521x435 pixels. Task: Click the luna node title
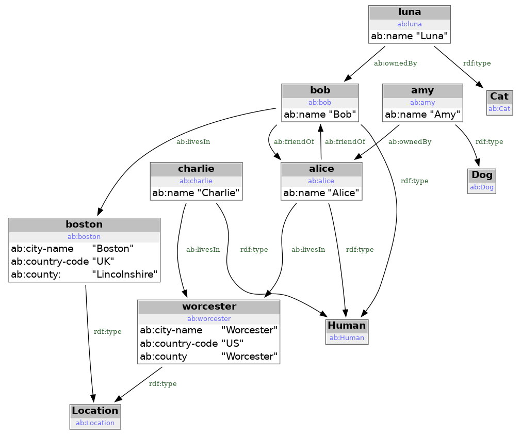click(410, 12)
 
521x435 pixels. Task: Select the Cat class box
click(499, 102)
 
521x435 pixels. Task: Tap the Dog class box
click(482, 181)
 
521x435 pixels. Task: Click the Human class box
click(347, 331)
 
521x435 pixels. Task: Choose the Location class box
click(95, 416)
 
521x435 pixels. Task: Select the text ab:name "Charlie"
click(196, 194)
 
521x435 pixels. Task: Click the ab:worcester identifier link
click(208, 319)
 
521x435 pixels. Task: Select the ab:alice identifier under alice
click(321, 181)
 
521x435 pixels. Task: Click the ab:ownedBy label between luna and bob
click(395, 63)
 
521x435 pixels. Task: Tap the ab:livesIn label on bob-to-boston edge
click(193, 141)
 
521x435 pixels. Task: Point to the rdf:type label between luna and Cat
click(477, 63)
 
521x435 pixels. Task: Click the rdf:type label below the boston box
click(107, 331)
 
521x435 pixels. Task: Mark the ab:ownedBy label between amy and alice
click(410, 141)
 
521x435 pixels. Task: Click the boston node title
click(84, 224)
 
